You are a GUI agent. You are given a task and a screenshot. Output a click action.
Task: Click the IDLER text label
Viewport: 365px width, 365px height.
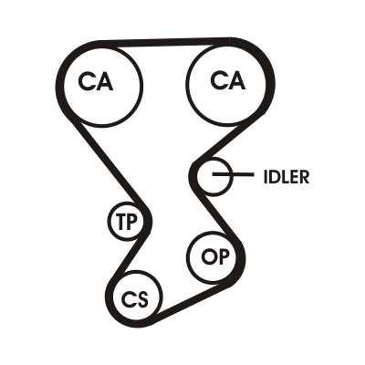coord(287,177)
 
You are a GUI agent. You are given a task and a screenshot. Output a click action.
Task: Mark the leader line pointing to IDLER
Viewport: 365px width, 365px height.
coord(233,174)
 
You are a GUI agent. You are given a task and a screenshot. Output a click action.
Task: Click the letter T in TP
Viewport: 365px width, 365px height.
coord(120,222)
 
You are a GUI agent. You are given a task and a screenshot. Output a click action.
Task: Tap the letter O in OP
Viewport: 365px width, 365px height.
coord(207,257)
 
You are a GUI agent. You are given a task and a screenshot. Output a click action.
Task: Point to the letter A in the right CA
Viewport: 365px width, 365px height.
coord(236,80)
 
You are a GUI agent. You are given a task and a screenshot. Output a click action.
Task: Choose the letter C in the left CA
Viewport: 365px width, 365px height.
coord(87,82)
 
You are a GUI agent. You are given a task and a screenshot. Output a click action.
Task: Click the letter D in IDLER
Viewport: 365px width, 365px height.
coord(275,177)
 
